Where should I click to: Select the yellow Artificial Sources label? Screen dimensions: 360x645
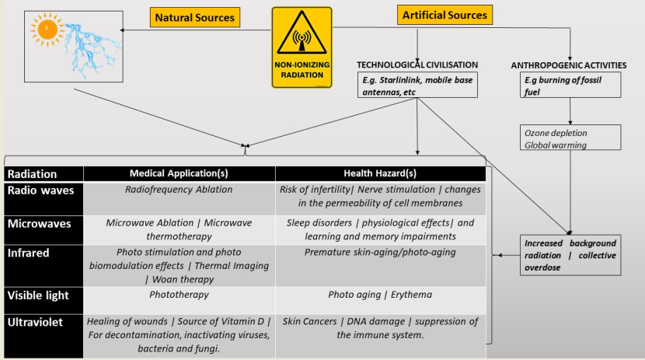coord(445,15)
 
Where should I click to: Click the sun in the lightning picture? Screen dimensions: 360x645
coord(49,30)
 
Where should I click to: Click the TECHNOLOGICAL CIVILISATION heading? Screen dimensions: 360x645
coord(417,65)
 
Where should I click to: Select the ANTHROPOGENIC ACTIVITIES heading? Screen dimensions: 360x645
coord(569,65)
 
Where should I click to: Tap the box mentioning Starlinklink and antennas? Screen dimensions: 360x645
coord(417,86)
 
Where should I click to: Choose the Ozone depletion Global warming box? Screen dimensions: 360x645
coord(571,138)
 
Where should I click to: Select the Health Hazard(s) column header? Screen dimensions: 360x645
coord(380,174)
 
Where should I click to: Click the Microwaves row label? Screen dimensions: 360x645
coord(40,223)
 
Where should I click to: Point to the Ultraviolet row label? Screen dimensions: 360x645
coord(40,321)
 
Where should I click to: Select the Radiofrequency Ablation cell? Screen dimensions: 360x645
coord(179,189)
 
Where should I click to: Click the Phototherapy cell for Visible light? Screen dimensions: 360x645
coord(180,295)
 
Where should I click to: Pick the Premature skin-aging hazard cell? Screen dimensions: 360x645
coord(380,252)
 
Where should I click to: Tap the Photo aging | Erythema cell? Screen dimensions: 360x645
coord(380,295)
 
